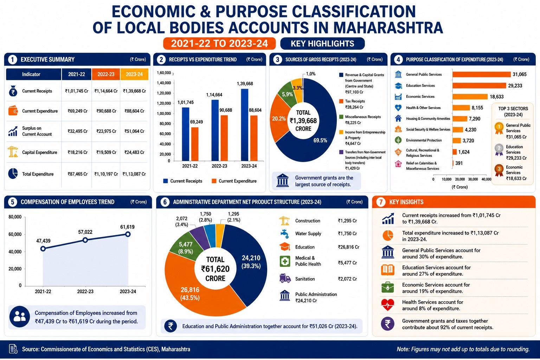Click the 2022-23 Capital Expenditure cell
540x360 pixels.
[x=106, y=152]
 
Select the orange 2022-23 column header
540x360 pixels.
[x=106, y=74]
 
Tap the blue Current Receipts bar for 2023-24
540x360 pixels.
[x=244, y=125]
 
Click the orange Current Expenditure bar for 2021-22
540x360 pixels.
[x=195, y=144]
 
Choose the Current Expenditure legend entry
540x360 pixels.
[x=234, y=181]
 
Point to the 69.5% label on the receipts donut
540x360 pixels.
[x=320, y=141]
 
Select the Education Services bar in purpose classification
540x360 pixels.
[x=479, y=85]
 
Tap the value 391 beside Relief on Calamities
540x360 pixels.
[x=459, y=163]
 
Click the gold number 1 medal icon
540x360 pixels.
[x=499, y=128]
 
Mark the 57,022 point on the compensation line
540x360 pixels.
[x=85, y=240]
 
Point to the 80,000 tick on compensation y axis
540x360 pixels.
[x=15, y=217]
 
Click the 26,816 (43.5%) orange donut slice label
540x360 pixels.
[x=190, y=294]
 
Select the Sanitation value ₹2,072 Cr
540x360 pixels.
[x=347, y=279]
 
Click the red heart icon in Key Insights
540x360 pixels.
[x=388, y=305]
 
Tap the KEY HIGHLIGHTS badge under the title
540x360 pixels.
[x=322, y=44]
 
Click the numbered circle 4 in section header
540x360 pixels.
[x=398, y=59]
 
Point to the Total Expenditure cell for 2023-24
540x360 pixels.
[x=134, y=174]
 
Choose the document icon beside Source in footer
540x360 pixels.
[x=13, y=349]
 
